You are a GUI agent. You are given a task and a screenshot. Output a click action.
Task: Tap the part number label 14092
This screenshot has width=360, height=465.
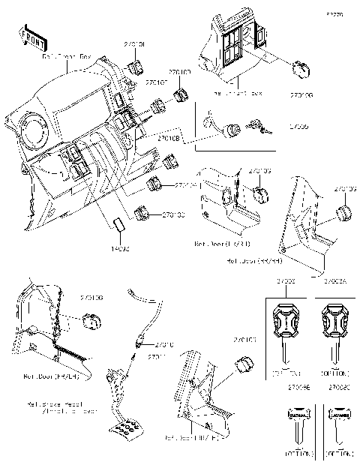coord(121,246)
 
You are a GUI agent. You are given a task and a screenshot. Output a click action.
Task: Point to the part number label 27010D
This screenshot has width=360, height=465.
coord(180,73)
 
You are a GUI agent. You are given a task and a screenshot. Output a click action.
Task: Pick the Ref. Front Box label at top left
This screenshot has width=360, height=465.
coord(66,56)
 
